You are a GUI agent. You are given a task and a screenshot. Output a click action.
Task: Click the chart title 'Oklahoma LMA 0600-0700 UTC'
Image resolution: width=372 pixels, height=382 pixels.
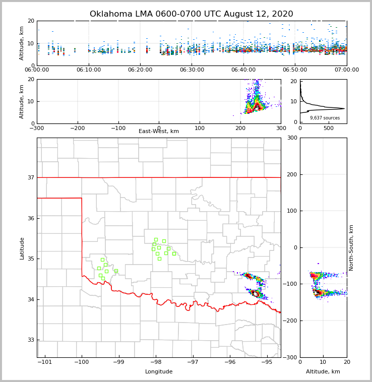click(191, 14)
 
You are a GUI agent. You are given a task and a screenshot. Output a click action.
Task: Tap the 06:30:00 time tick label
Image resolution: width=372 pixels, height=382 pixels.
click(192, 70)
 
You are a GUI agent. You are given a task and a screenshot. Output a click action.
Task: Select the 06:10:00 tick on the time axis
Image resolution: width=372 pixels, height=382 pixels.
click(88, 70)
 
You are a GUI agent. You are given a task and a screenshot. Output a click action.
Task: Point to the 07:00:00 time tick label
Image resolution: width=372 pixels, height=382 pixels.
click(346, 70)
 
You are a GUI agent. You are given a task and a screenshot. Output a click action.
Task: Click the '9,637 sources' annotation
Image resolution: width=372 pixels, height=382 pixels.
click(325, 118)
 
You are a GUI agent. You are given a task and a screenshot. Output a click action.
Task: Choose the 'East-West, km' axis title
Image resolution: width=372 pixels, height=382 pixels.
click(159, 132)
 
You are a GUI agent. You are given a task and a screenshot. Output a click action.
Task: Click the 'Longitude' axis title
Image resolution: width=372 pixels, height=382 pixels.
click(159, 372)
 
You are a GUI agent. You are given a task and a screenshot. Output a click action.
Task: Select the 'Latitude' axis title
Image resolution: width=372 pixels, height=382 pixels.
click(22, 248)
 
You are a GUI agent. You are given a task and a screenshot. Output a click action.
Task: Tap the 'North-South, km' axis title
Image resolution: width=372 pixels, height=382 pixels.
click(351, 247)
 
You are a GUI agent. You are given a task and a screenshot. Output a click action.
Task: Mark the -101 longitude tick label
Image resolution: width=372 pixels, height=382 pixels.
click(45, 362)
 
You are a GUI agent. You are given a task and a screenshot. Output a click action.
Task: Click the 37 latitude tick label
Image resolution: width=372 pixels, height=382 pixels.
click(30, 177)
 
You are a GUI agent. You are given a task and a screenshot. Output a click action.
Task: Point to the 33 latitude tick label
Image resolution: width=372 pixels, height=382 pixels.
click(30, 340)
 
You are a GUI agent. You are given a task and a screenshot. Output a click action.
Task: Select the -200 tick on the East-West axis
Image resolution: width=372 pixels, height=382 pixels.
click(77, 129)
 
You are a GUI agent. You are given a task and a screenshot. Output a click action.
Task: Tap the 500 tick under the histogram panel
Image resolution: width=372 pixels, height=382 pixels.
click(328, 129)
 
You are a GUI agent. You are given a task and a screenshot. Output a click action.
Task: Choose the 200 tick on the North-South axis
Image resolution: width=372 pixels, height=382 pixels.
click(291, 174)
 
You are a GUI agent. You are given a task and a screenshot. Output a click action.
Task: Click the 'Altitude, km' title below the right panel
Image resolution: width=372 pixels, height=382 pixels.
click(323, 372)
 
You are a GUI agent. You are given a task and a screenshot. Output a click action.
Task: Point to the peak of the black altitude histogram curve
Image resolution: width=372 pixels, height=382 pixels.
click(344, 108)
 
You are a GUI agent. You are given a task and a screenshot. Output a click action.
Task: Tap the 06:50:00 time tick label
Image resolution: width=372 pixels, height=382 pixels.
click(295, 70)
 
